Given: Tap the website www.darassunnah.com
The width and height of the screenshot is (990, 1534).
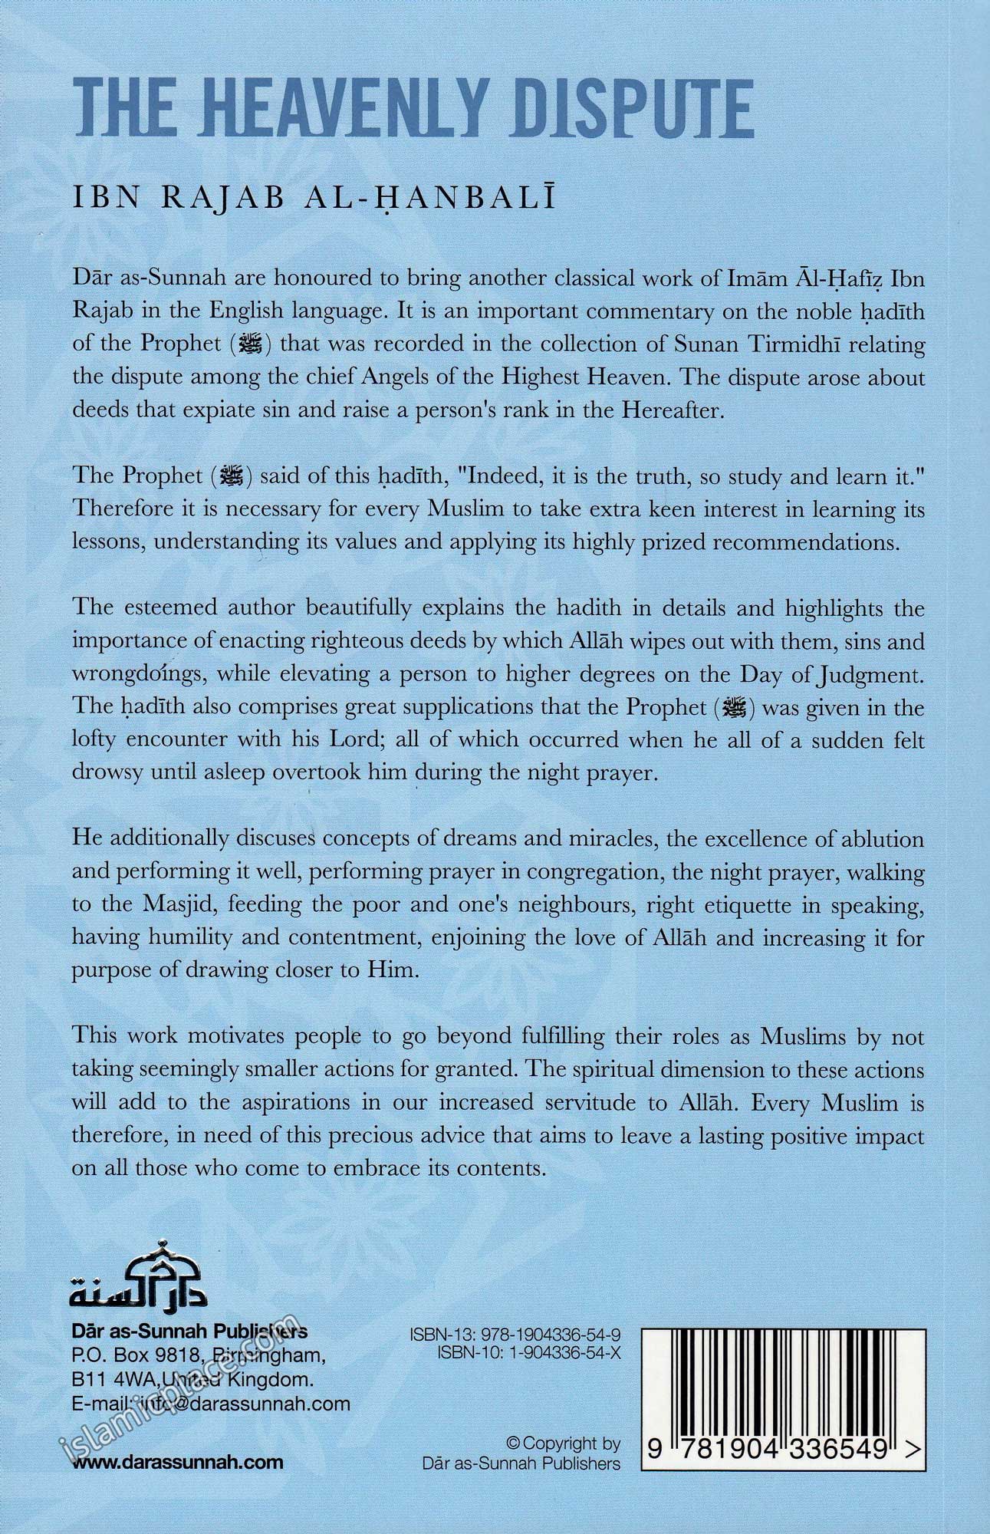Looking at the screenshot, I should [178, 1461].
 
